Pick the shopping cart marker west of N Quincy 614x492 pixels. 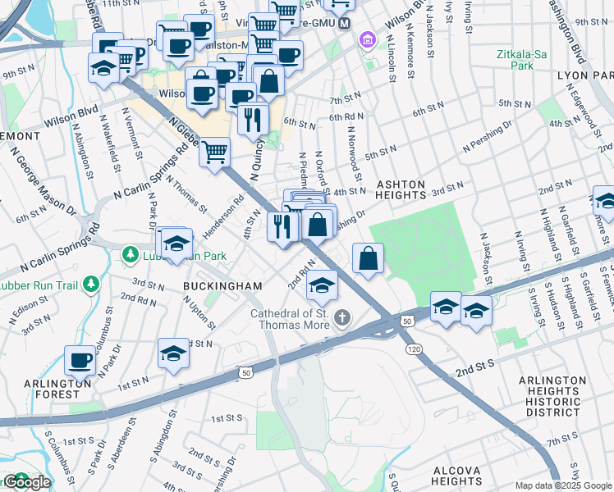214,151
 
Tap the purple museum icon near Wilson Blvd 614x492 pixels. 367,39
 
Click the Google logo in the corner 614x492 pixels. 26,482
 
